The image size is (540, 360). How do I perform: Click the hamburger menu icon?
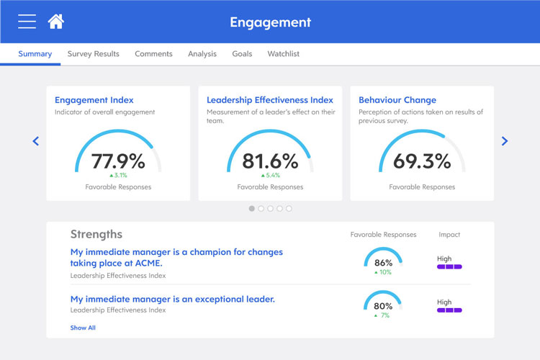(x=27, y=22)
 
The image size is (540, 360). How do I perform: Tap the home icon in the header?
(x=56, y=22)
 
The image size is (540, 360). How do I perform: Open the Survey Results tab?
(x=94, y=54)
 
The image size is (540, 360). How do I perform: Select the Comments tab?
(x=153, y=54)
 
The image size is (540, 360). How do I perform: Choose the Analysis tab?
(x=202, y=54)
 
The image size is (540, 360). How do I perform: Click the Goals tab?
(x=242, y=54)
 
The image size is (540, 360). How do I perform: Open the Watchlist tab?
(x=283, y=54)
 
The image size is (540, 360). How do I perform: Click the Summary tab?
(x=35, y=54)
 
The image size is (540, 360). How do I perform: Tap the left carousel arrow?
(x=36, y=141)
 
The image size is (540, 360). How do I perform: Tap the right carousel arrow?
(x=505, y=141)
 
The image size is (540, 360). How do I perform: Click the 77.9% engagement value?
(x=118, y=161)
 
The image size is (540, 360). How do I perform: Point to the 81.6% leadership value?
(x=270, y=161)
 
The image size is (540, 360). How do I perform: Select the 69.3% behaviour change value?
(x=422, y=161)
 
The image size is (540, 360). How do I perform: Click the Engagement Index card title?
(x=94, y=100)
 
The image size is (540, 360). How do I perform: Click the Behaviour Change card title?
(x=397, y=100)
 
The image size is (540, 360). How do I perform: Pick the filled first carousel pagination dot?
(x=252, y=209)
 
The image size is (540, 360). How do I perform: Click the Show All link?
(x=83, y=328)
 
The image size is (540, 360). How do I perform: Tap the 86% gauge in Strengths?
(x=383, y=262)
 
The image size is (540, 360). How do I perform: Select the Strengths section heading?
(x=96, y=234)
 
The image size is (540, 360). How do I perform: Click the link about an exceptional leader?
(x=173, y=299)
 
